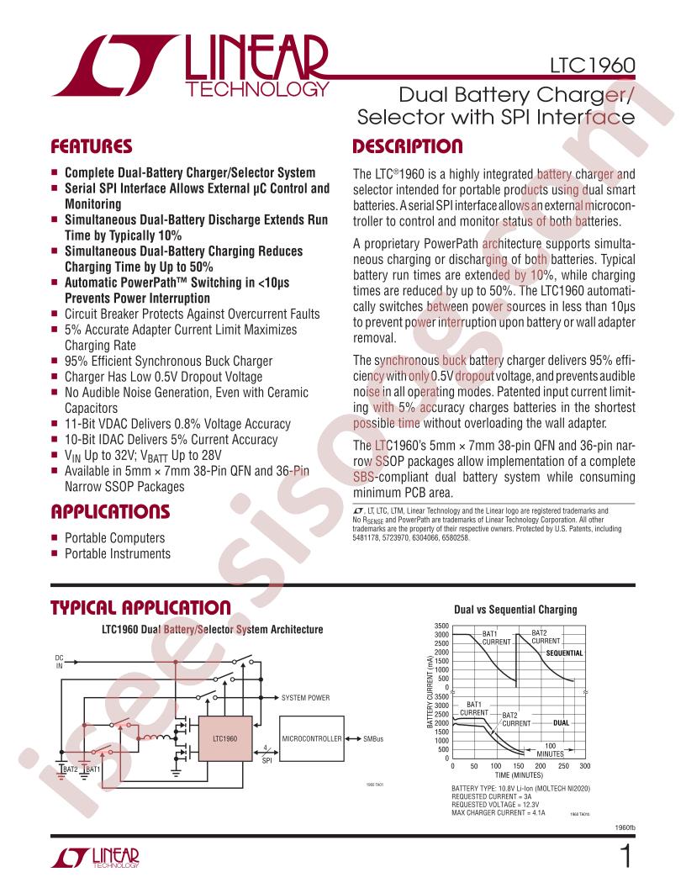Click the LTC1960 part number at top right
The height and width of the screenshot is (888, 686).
pyautogui.click(x=592, y=65)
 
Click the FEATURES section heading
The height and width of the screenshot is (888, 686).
pyautogui.click(x=91, y=146)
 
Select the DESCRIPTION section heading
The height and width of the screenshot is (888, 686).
pyautogui.click(x=408, y=146)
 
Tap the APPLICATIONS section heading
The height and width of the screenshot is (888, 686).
pyautogui.click(x=110, y=511)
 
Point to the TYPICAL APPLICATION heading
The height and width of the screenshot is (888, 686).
pyautogui.click(x=141, y=608)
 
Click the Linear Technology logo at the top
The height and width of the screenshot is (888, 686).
pyautogui.click(x=191, y=66)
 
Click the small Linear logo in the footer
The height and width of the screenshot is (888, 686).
pyautogui.click(x=95, y=858)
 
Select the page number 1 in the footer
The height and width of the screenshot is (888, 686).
pyautogui.click(x=626, y=856)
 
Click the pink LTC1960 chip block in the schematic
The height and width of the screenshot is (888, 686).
pyautogui.click(x=224, y=738)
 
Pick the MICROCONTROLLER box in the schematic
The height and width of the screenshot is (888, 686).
pyautogui.click(x=312, y=738)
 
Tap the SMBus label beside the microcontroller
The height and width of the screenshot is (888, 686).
pyautogui.click(x=373, y=738)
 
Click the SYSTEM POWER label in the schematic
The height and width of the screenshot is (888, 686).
pyautogui.click(x=305, y=698)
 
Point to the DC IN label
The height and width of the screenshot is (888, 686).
pyautogui.click(x=60, y=662)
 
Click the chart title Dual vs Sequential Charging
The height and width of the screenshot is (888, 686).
pyautogui.click(x=515, y=610)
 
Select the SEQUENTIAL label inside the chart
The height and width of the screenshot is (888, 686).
pyautogui.click(x=564, y=653)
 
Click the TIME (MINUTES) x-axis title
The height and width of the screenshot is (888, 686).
pyautogui.click(x=519, y=774)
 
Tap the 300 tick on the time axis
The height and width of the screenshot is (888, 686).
pyautogui.click(x=584, y=766)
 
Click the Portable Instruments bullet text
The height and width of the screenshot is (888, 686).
pyautogui.click(x=118, y=553)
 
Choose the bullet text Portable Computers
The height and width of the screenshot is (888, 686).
pyautogui.click(x=115, y=537)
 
